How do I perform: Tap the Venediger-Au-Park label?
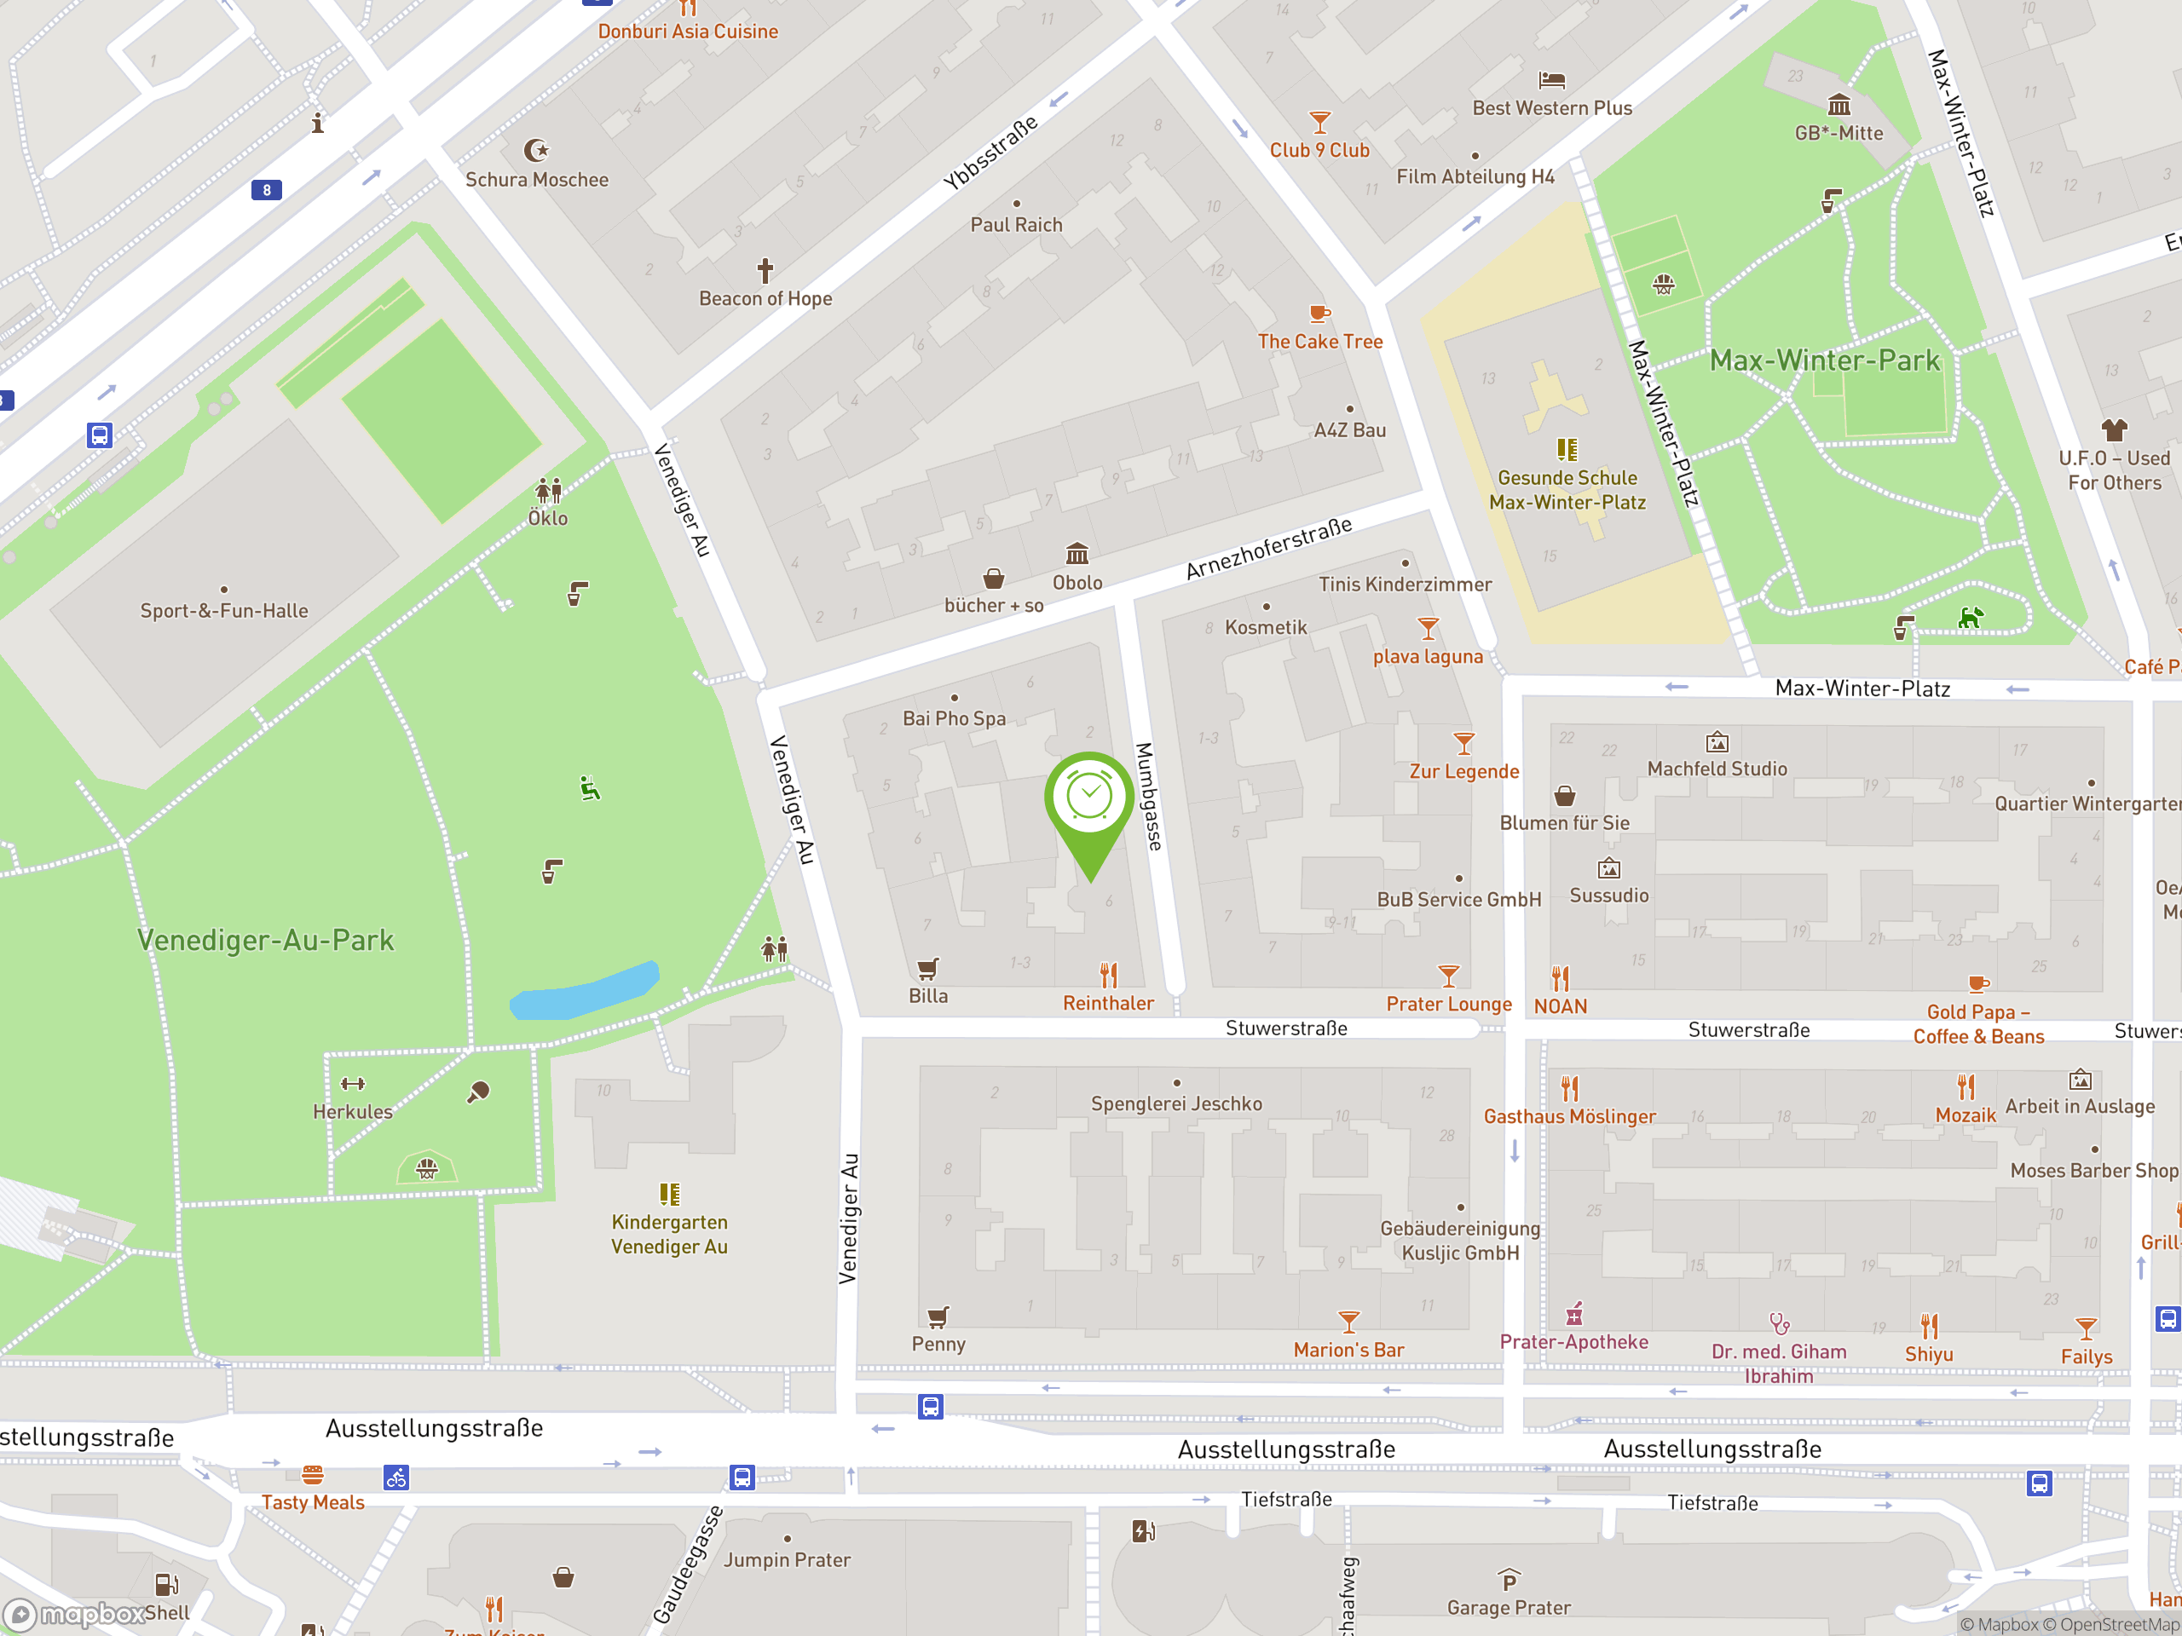(265, 940)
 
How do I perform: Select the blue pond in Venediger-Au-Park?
(584, 990)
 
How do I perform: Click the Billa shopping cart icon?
(927, 968)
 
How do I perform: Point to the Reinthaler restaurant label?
(1108, 1003)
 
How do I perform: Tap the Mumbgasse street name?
(1148, 796)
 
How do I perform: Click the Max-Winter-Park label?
(1824, 361)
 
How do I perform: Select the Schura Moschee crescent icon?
(535, 151)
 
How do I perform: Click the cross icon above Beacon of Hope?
(765, 270)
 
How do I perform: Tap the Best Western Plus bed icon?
(1551, 80)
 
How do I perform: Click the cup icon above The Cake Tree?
(1319, 314)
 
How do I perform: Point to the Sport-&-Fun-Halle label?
(224, 610)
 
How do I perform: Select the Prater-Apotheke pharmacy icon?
(1574, 1314)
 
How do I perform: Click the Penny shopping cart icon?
(937, 1316)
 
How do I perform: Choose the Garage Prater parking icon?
(1509, 1581)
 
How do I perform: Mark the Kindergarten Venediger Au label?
(669, 1234)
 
